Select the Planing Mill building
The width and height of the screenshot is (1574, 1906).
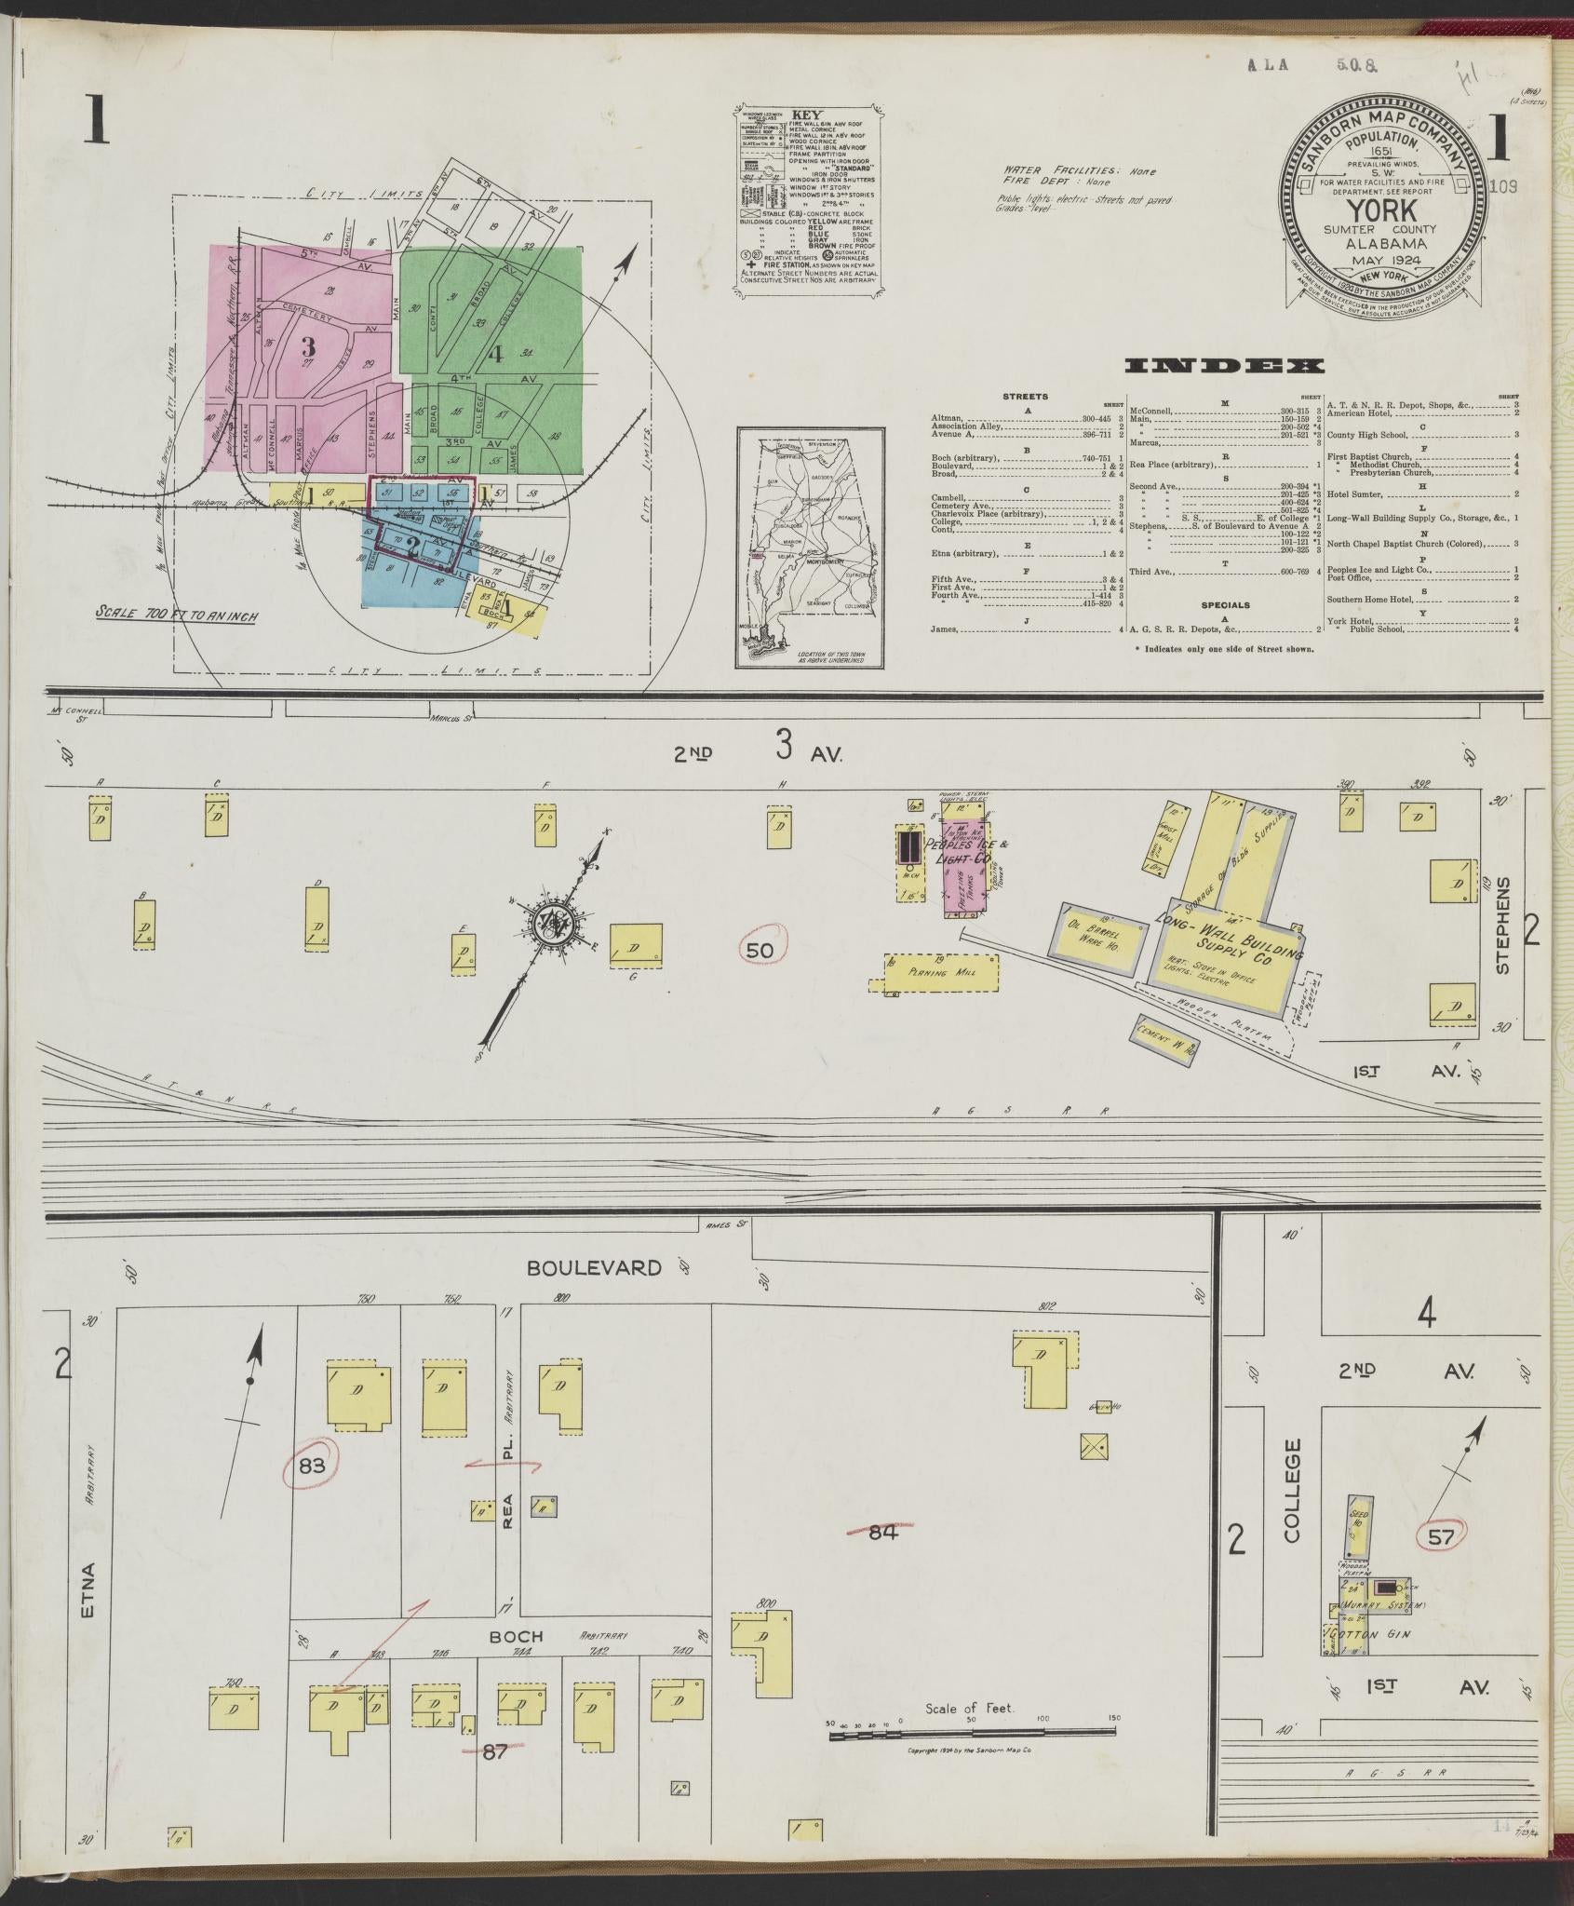(940, 971)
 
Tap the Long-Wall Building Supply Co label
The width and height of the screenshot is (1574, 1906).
(1226, 939)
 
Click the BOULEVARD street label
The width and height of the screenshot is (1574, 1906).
(594, 1267)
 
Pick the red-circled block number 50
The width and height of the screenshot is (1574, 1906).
(761, 950)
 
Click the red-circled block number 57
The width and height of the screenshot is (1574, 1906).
(1440, 1537)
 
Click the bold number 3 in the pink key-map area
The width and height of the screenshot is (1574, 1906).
(308, 346)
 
